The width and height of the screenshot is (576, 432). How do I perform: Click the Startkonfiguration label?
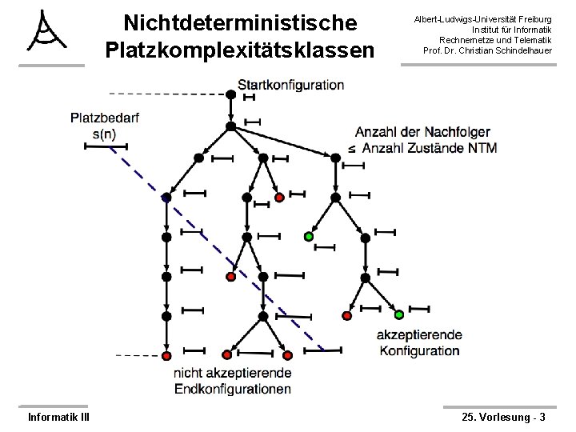point(291,84)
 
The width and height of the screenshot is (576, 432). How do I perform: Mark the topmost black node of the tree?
point(230,94)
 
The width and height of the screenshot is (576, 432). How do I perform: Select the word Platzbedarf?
point(105,118)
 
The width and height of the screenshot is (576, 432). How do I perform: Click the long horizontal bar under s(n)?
point(100,146)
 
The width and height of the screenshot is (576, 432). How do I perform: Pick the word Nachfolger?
point(456,132)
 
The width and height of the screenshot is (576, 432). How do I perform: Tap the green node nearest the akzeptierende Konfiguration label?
point(398,314)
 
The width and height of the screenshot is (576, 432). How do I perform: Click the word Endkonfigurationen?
point(233,390)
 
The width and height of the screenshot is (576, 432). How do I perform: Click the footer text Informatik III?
point(58,417)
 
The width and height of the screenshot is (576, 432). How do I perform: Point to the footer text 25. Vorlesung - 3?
point(504,417)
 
